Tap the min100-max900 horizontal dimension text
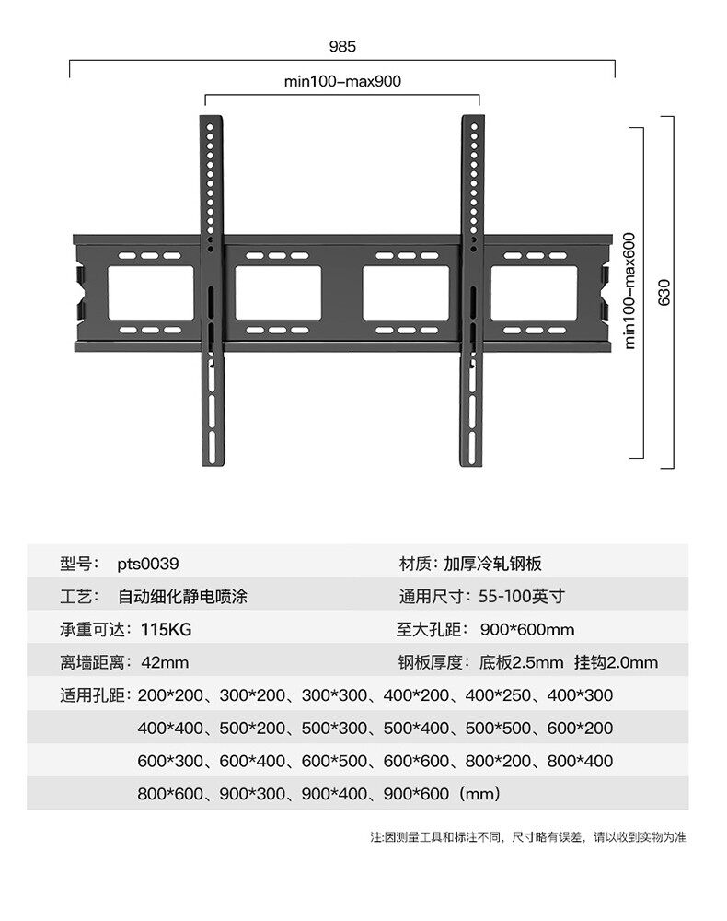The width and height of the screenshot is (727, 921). [342, 81]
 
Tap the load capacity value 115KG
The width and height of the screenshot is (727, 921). [167, 629]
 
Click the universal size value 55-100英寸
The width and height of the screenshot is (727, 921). [521, 596]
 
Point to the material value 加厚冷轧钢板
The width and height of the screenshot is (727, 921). [499, 563]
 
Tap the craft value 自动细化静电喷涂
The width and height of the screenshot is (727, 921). [182, 596]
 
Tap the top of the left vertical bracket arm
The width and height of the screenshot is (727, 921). [212, 121]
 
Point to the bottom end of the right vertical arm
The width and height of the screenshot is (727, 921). [473, 460]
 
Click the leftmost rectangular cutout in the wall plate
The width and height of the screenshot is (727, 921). [151, 293]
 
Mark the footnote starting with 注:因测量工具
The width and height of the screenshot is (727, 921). [528, 837]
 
